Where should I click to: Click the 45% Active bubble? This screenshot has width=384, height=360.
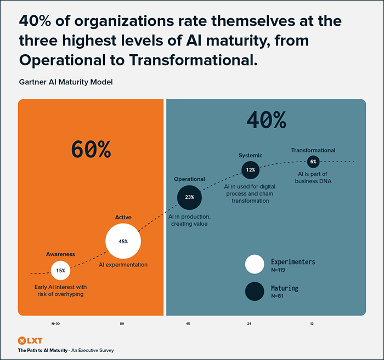point(123,241)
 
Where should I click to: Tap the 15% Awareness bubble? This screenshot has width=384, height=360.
point(60,270)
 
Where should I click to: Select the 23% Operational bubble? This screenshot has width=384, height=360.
point(189,198)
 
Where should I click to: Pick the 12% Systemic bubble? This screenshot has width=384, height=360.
point(251,170)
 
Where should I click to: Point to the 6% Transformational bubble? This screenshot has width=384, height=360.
point(313,162)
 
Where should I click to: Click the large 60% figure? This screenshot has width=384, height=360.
point(91,149)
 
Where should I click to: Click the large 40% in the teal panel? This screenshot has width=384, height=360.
point(266,119)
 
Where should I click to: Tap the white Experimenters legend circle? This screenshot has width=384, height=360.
point(254,264)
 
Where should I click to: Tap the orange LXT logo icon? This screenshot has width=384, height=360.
point(22,340)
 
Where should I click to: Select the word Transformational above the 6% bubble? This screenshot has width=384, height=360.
point(313,150)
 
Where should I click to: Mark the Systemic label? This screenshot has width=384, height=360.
point(250,156)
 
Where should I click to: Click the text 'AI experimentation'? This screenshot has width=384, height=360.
point(123,265)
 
